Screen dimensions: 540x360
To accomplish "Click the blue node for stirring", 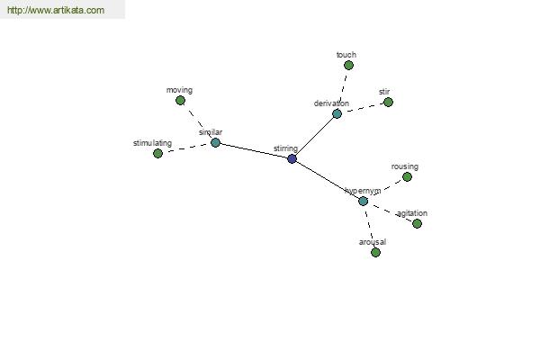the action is [292, 158].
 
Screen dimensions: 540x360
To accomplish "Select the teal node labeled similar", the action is [215, 142].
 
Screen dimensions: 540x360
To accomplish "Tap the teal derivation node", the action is [337, 113].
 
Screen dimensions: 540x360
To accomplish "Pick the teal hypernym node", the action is [364, 201].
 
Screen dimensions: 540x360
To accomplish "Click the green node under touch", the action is [348, 65].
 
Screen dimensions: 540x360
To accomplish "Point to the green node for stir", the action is [388, 102].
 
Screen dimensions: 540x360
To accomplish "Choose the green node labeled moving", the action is [180, 100].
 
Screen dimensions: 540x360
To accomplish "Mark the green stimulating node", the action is [157, 153].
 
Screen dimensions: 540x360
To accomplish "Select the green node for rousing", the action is [407, 176].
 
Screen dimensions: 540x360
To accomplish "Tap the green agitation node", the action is [417, 223].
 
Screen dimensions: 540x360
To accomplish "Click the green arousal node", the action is [375, 253].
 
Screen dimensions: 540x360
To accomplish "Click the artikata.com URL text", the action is [56, 10].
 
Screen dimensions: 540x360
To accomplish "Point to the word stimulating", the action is [153, 143].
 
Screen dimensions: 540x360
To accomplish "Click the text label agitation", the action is [412, 213].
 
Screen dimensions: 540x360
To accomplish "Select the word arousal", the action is [373, 242].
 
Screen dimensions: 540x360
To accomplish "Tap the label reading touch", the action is [346, 55].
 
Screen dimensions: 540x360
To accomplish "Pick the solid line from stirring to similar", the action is [254, 150].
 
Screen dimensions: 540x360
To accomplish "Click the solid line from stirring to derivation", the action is [315, 136].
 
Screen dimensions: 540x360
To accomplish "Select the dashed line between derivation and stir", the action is [363, 108].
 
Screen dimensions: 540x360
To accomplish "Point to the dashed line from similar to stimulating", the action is [186, 148].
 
